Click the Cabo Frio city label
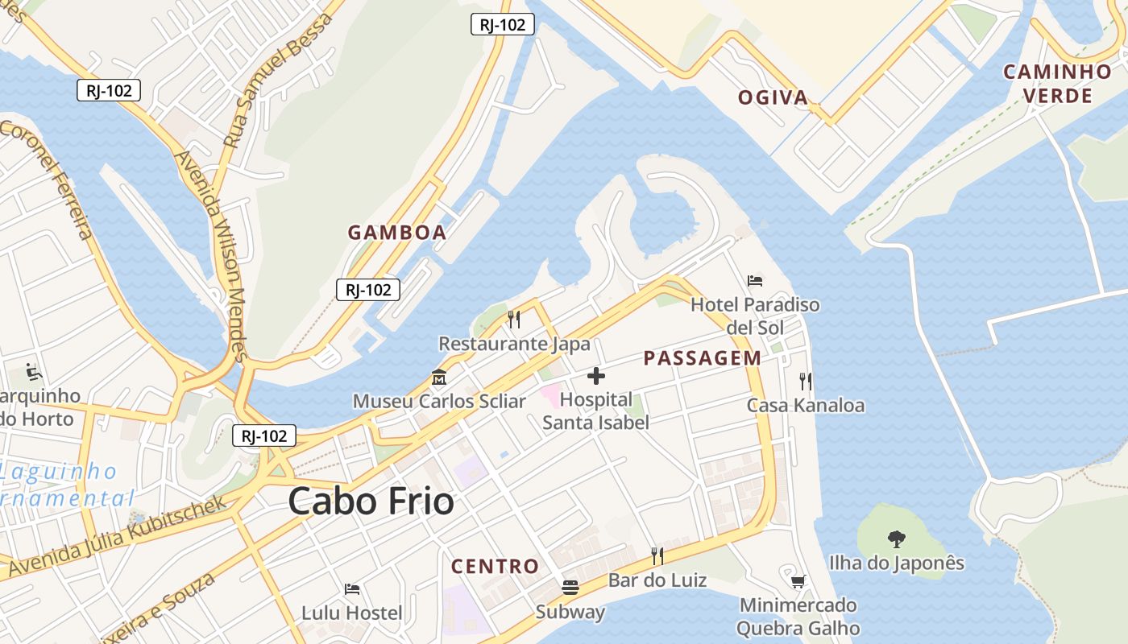pos(371,502)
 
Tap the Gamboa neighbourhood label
pos(396,233)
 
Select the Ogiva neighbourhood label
pos(773,98)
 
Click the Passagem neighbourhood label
pos(702,359)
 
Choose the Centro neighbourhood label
pos(495,567)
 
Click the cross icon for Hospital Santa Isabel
pos(596,376)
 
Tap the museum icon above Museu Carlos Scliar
pos(439,377)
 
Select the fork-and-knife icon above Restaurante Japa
pos(514,320)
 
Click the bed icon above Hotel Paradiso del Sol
pos(755,281)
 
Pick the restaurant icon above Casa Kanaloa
pos(805,381)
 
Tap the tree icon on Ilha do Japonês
pos(896,539)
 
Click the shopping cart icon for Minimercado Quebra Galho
pos(798,581)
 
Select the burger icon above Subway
pos(570,588)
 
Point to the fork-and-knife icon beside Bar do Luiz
pos(657,555)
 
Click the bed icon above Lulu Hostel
pos(351,589)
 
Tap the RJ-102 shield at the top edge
pos(502,25)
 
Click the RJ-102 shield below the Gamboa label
pos(368,290)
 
